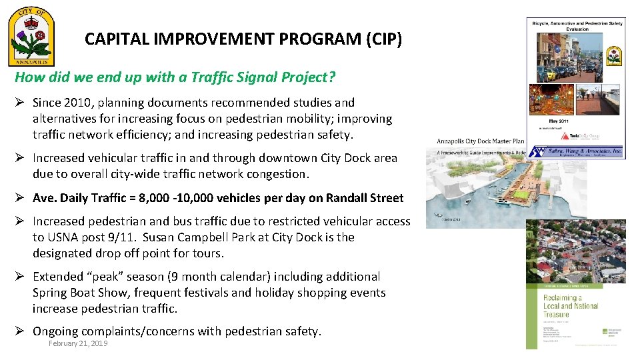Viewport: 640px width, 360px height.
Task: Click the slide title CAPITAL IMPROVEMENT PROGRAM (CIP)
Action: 243,39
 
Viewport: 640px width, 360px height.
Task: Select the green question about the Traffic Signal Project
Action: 175,77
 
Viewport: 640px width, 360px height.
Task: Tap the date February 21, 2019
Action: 78,343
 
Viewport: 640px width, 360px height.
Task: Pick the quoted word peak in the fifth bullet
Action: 99,277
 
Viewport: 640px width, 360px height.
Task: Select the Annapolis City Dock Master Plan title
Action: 481,141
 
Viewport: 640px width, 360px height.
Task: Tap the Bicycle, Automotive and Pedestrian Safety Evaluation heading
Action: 577,25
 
